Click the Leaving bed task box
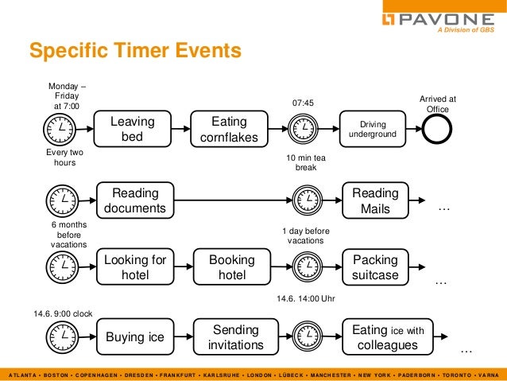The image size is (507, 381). [x=133, y=130]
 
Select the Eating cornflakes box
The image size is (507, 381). [x=229, y=130]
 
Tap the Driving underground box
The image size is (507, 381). [x=373, y=130]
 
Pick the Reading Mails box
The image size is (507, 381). [x=375, y=200]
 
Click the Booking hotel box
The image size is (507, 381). [x=231, y=268]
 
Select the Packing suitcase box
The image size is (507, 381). [x=375, y=268]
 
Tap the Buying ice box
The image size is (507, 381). [x=135, y=336]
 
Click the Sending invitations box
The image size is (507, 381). [x=231, y=336]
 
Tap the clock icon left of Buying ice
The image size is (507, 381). [x=64, y=337]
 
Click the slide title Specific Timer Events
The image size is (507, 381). [x=134, y=52]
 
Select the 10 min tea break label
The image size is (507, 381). [x=306, y=163]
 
